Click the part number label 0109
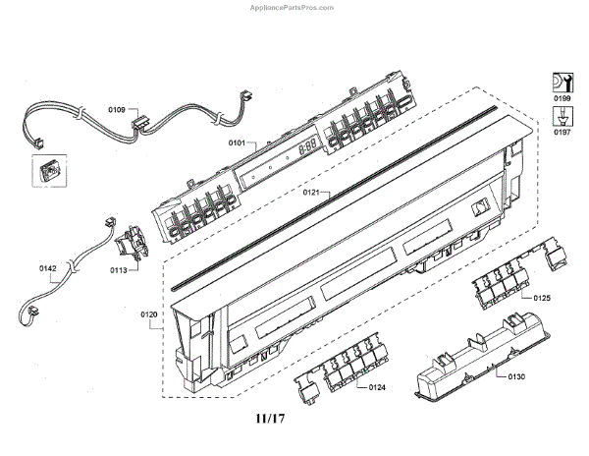click(117, 110)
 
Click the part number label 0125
click(542, 297)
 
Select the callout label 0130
click(516, 375)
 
